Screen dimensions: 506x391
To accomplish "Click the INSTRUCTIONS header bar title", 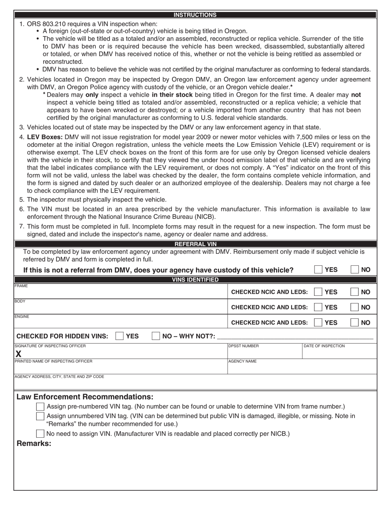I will click(x=195, y=15).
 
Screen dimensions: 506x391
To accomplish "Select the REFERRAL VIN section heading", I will click(x=195, y=244).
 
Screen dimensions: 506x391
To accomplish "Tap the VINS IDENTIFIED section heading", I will click(x=195, y=280).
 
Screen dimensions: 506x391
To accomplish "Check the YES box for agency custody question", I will click(x=318, y=269).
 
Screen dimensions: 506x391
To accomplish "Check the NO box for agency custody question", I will click(x=354, y=269).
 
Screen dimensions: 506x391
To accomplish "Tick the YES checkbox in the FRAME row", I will click(x=318, y=292).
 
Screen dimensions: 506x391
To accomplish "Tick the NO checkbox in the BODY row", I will click(x=354, y=307).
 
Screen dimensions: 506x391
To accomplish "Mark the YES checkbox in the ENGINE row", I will click(x=318, y=323).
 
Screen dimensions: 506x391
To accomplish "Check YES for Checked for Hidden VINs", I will click(x=119, y=336).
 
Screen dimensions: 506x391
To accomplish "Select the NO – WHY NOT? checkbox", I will click(x=156, y=336).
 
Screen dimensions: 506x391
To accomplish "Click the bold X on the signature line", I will click(x=18, y=354).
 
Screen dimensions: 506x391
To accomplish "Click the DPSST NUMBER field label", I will click(x=244, y=346).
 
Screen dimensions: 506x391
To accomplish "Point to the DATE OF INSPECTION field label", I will click(x=324, y=346).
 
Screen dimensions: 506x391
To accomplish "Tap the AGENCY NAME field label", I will click(x=242, y=361).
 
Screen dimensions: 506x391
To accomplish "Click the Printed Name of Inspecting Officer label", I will click(x=54, y=361).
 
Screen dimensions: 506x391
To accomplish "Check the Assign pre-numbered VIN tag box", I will click(x=40, y=406).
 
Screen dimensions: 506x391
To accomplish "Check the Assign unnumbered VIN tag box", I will click(x=40, y=416).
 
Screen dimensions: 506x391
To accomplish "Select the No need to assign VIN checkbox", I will click(x=40, y=433).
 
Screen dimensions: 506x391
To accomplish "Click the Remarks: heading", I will click(x=34, y=443).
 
